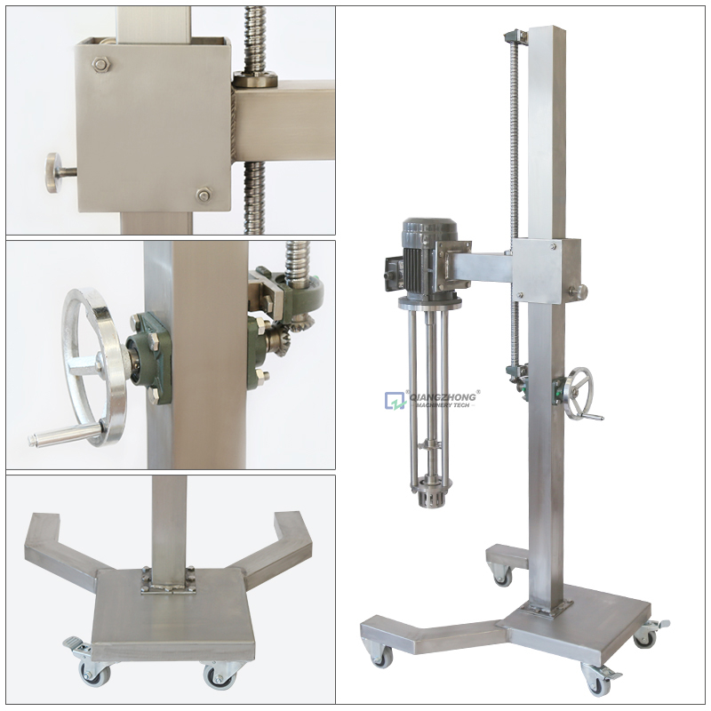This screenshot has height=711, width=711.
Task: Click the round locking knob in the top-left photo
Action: tap(57, 172)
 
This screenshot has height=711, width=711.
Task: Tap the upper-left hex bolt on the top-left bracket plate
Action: tap(100, 65)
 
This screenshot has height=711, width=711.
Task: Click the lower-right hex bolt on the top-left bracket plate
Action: tap(204, 195)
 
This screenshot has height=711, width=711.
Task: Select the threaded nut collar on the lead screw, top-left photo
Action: tap(255, 79)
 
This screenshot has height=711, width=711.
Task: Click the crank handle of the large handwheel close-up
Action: tap(63, 435)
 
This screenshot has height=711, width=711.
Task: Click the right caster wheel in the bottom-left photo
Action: tap(220, 675)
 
